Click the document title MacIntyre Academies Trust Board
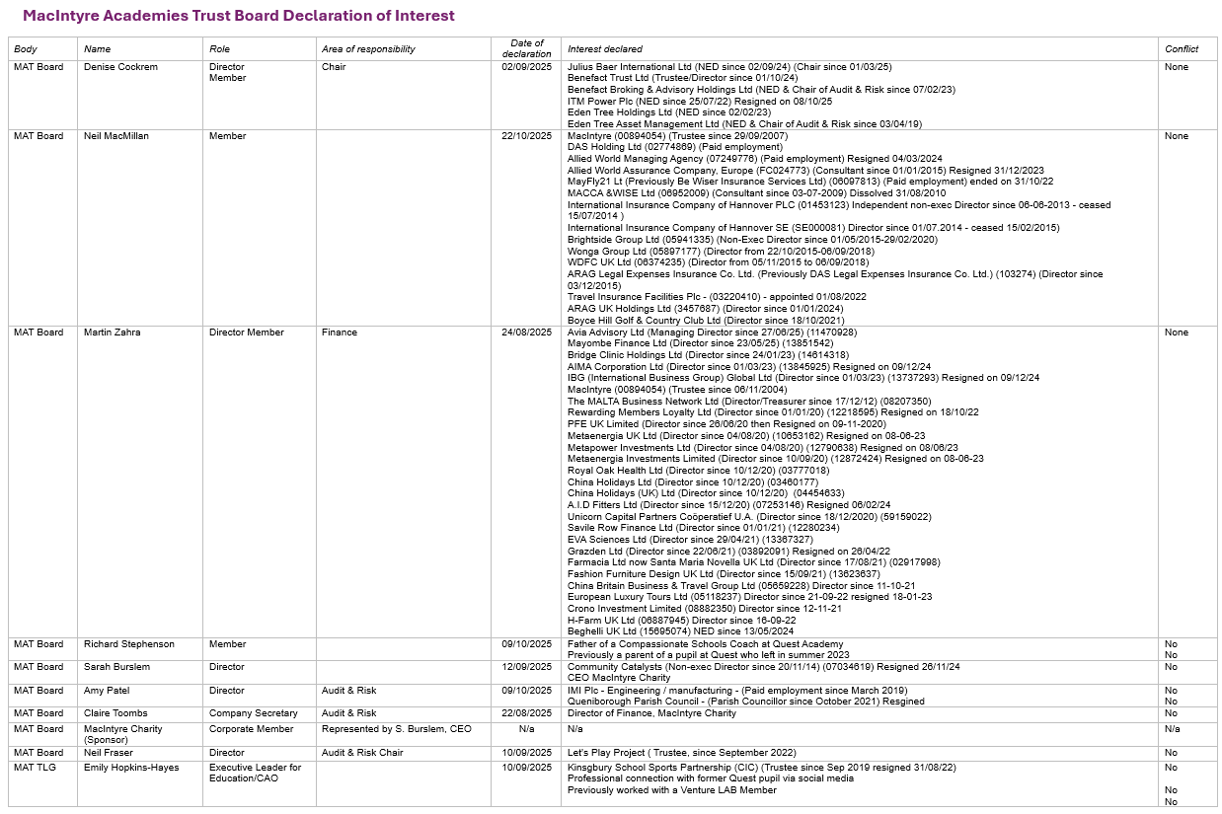coord(239,16)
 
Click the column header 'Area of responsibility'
coord(368,49)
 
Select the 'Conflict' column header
coord(1182,49)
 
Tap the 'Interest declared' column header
coord(604,49)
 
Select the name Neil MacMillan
coord(116,136)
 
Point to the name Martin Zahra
coord(112,333)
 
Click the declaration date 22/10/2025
coord(526,136)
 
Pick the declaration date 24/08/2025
coord(526,333)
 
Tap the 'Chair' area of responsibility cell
coord(334,67)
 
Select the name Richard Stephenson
coord(128,644)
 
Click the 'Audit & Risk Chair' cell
coord(362,753)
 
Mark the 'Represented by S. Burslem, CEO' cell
coord(397,729)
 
